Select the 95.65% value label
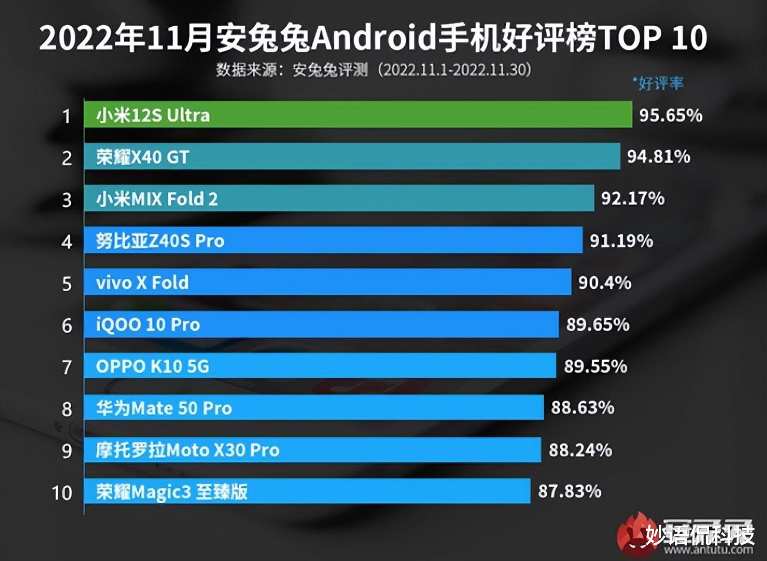tap(670, 115)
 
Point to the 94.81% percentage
tap(658, 157)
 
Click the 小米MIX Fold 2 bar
tap(339, 199)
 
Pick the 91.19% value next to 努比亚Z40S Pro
tap(621, 241)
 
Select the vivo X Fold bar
tap(327, 282)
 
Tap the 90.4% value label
tap(604, 282)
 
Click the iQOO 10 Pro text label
tap(148, 325)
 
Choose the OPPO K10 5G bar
tap(320, 366)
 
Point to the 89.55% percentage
tap(596, 366)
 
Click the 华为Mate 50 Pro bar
tap(314, 408)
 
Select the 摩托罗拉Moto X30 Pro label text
tap(188, 450)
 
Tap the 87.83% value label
tap(569, 492)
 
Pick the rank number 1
tap(67, 115)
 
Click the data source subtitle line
tap(373, 70)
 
